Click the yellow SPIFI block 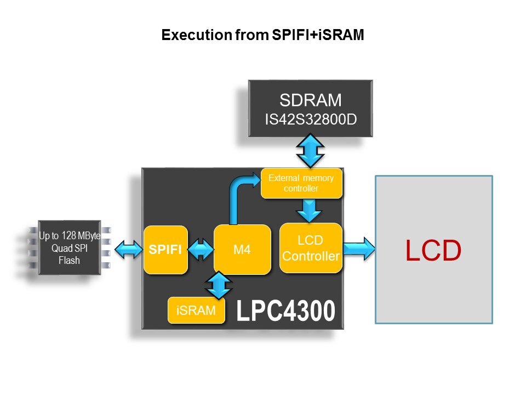(x=165, y=250)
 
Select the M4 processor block (x=242, y=250)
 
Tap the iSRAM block (x=197, y=311)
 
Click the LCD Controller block (x=311, y=248)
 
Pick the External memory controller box (x=302, y=183)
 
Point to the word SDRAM (x=310, y=100)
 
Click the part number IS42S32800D (x=310, y=118)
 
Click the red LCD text (x=433, y=250)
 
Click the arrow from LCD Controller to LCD (x=359, y=250)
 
